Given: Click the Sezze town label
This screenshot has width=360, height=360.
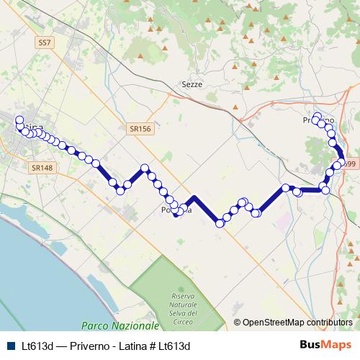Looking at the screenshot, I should (x=192, y=84).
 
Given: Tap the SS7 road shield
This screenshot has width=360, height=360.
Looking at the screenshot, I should (x=45, y=43).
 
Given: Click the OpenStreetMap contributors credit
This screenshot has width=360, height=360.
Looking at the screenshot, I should (x=297, y=323).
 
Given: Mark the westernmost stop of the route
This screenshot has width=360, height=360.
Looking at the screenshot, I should (x=19, y=120).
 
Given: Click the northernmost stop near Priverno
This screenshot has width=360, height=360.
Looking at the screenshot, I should (x=317, y=116).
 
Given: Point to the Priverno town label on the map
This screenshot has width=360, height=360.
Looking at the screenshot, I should (x=318, y=120).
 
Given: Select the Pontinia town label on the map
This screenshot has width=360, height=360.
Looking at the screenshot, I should (x=177, y=210).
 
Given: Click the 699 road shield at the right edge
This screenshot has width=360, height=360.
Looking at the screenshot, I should (x=350, y=165).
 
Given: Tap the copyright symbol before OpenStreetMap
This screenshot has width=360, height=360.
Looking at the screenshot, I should (x=237, y=323).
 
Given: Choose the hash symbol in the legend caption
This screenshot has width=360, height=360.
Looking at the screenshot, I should (x=160, y=346).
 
